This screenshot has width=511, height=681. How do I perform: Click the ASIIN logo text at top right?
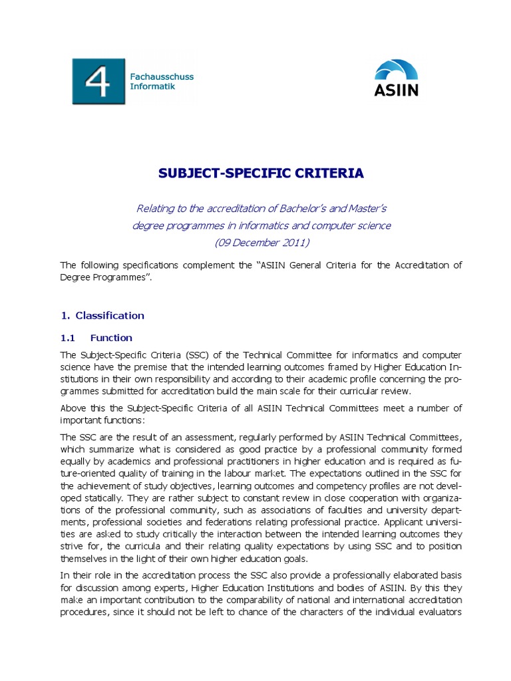[x=397, y=90]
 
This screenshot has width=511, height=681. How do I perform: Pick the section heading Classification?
[x=110, y=315]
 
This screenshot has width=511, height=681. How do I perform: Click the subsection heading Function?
[x=111, y=337]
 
